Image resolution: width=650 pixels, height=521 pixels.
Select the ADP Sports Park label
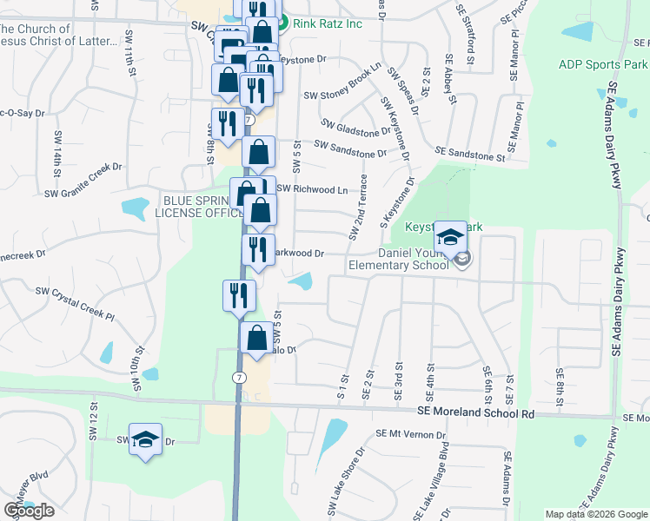coord(602,64)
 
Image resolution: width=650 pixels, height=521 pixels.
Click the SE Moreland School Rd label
coord(474,414)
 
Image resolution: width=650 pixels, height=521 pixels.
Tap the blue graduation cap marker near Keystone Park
coord(450,236)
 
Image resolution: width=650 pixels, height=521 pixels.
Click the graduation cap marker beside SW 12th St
coord(146,439)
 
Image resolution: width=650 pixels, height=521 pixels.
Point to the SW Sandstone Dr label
coord(350,149)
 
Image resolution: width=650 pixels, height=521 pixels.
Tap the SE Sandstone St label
coord(469,153)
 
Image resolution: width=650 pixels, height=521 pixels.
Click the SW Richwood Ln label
coord(312,188)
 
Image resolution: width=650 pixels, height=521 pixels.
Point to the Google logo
coord(29,511)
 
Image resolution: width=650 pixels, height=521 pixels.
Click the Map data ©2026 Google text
coord(595,514)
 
